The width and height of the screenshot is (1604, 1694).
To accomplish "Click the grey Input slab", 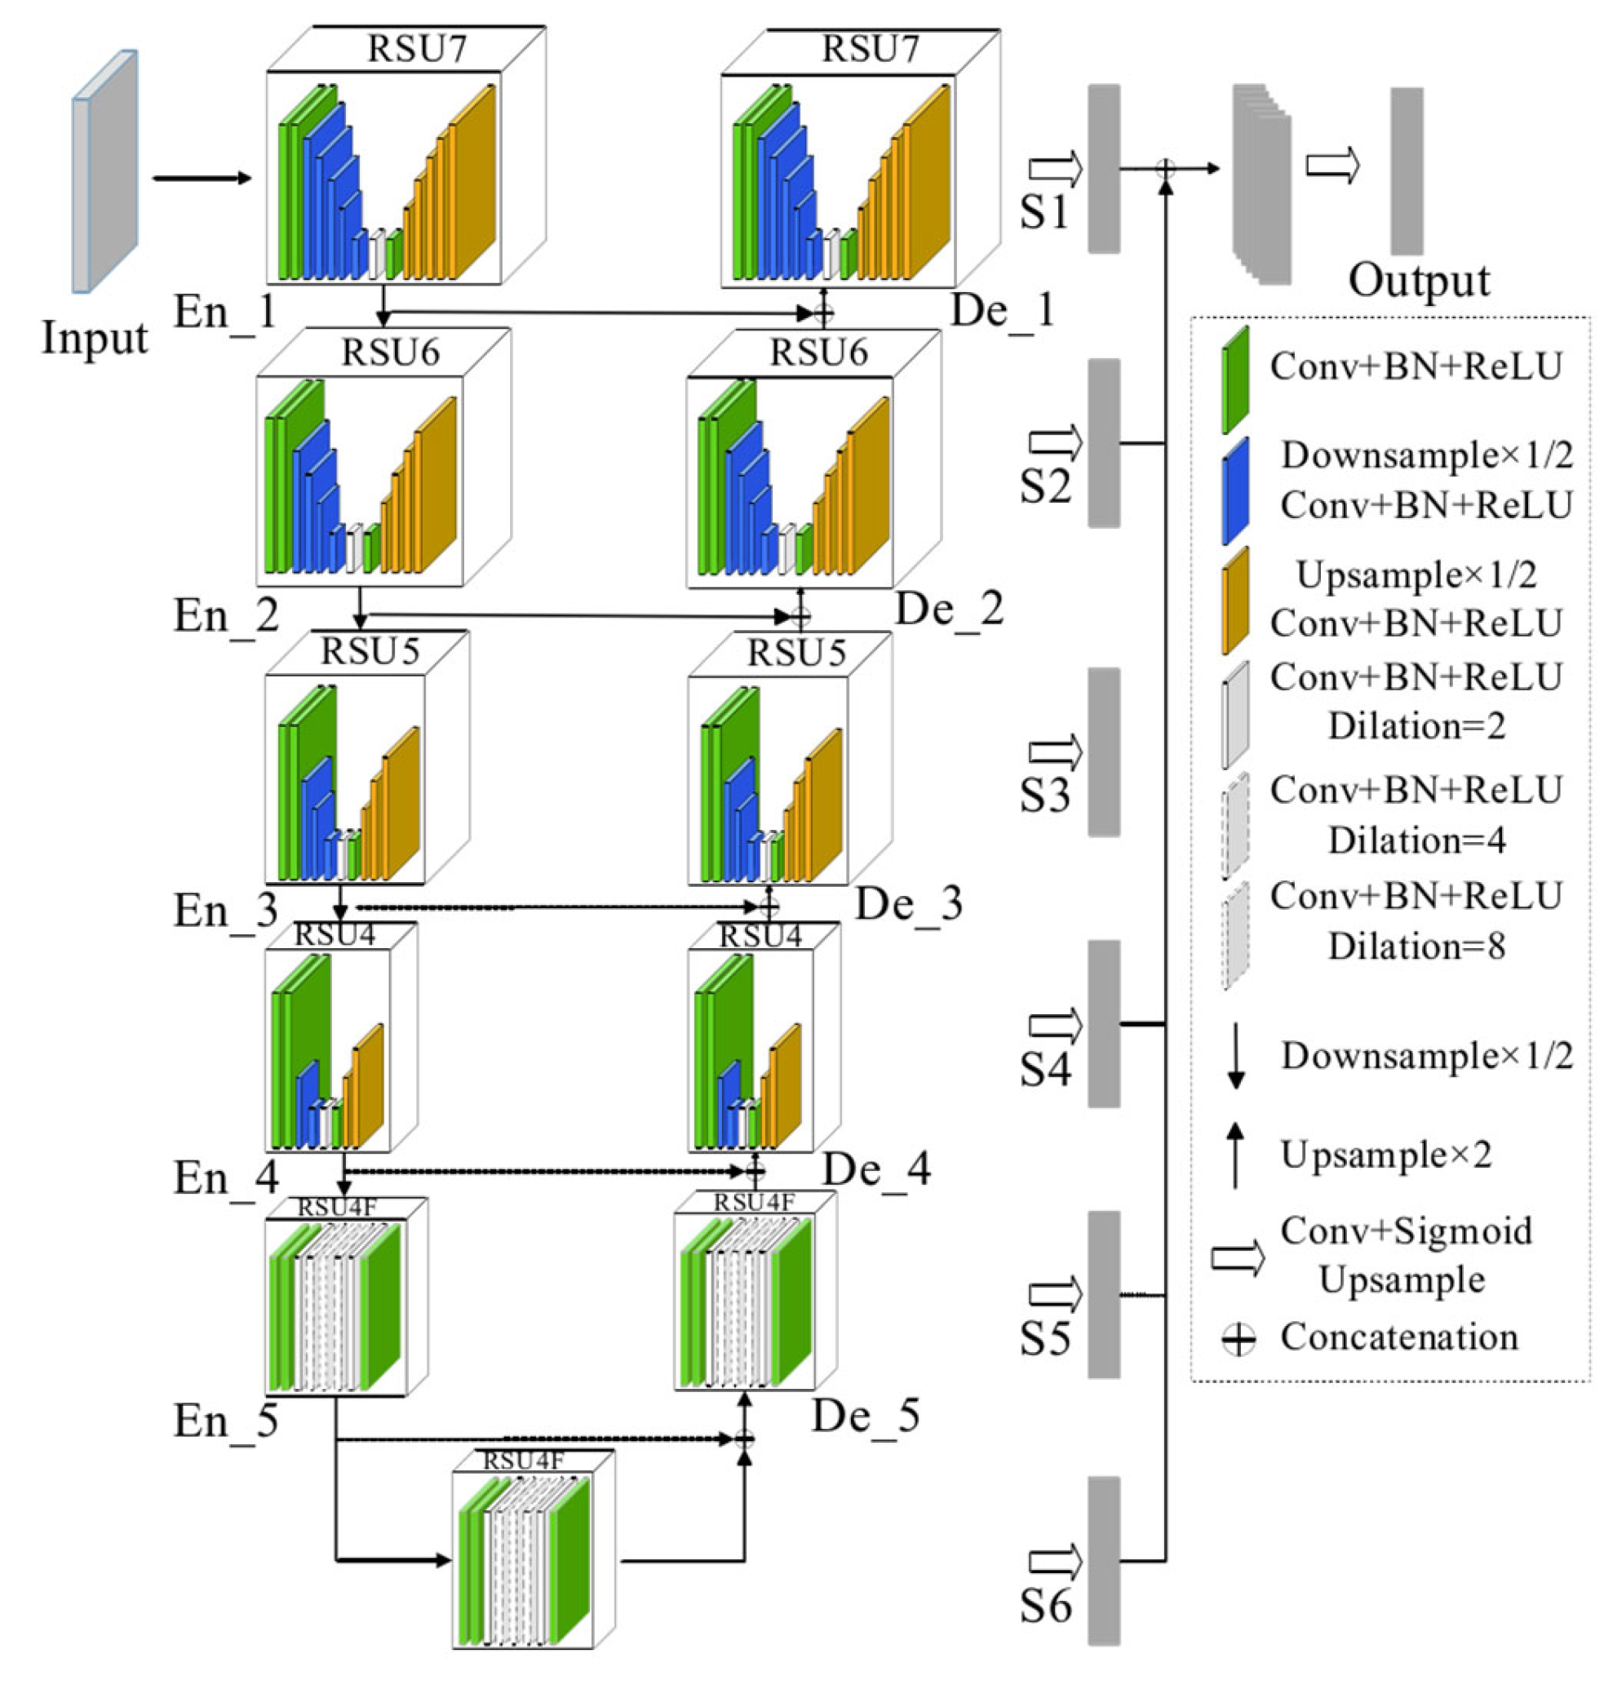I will [x=105, y=171].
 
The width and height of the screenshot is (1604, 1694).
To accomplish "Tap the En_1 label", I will [x=226, y=313].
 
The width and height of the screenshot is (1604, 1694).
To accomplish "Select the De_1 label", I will [x=1002, y=310].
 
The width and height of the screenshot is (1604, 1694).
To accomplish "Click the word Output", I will [x=1420, y=282].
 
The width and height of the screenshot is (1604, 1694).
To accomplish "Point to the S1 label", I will [x=1044, y=211].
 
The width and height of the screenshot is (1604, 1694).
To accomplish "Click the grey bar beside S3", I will [x=1104, y=752].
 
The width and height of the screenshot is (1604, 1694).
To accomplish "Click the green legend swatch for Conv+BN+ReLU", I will [x=1235, y=379].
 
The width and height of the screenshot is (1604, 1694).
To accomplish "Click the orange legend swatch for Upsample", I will [x=1235, y=601].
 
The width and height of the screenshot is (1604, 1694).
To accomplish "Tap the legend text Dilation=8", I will [x=1416, y=947].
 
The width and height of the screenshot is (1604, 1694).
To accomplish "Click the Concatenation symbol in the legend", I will [x=1237, y=1339].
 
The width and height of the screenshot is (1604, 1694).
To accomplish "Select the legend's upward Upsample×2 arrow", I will [x=1234, y=1155].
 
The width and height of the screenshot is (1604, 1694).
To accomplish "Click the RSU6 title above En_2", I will [x=391, y=353].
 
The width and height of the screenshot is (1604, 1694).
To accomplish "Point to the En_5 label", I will [x=226, y=1421].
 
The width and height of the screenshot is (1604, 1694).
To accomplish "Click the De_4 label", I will [x=877, y=1169].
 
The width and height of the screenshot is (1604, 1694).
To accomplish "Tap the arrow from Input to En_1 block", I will [x=202, y=178].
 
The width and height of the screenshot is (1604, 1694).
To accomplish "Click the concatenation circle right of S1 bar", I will [x=1165, y=168].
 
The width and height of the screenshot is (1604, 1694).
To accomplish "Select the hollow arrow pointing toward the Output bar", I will [x=1332, y=166].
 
